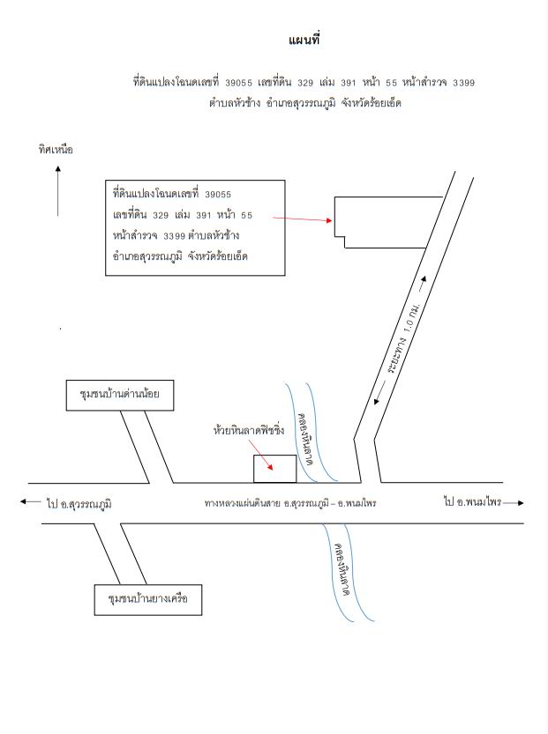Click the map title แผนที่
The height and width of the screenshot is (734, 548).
click(304, 40)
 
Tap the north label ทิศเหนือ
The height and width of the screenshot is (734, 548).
click(56, 149)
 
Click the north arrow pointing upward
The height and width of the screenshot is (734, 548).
click(57, 190)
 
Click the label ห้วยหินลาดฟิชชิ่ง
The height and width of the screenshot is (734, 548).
click(249, 430)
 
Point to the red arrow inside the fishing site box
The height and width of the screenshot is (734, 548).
click(266, 461)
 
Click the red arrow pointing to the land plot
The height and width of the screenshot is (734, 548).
click(303, 219)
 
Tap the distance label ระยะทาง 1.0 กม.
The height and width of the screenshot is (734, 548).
click(403, 338)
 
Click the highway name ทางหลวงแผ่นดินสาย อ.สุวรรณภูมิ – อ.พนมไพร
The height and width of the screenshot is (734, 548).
click(290, 503)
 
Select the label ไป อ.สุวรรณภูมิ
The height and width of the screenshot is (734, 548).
click(79, 504)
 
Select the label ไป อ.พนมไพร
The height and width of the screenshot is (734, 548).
click(472, 502)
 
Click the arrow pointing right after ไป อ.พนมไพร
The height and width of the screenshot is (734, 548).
click(514, 503)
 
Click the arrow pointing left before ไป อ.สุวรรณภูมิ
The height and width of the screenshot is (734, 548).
click(31, 501)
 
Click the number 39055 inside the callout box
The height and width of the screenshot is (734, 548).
click(218, 194)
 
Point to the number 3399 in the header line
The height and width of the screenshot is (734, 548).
click(463, 83)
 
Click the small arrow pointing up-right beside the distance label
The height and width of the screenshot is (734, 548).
click(423, 284)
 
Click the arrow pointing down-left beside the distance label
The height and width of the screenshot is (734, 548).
click(379, 393)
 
